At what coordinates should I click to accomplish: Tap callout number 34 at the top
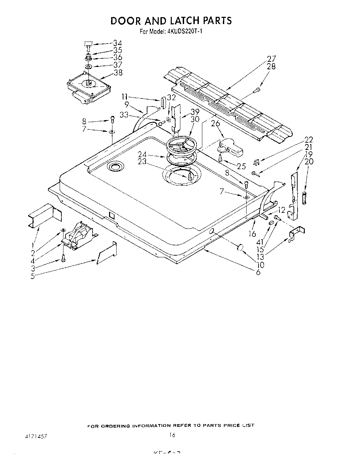[x=118, y=43]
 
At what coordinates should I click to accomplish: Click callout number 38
[x=118, y=72]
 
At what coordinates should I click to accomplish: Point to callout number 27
[x=271, y=59]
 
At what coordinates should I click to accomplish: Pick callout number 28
[x=271, y=67]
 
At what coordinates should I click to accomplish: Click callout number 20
[x=309, y=162]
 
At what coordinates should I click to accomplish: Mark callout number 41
[x=260, y=242]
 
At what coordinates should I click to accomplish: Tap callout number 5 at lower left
[x=33, y=276]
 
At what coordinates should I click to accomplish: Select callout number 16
[x=252, y=234]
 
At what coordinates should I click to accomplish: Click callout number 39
[x=195, y=112]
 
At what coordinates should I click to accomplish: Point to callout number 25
[x=241, y=166]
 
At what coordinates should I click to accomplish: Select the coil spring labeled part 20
[x=304, y=198]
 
